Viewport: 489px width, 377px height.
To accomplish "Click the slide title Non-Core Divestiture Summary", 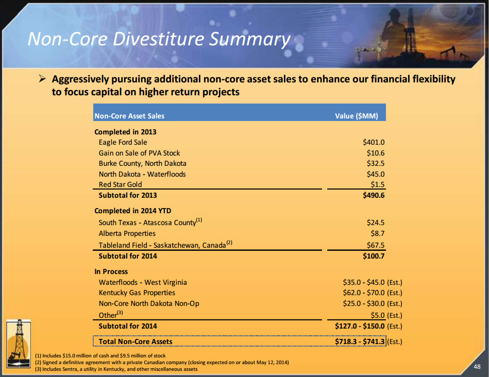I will point(159,39).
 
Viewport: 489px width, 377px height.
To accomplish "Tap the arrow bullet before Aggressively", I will point(43,79).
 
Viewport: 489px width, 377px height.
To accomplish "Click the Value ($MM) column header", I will point(356,116).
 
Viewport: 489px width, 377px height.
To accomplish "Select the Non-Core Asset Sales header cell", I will point(129,116).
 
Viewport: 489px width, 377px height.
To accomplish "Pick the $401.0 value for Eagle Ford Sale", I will point(374,142).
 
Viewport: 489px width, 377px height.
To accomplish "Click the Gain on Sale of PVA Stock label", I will point(139,153).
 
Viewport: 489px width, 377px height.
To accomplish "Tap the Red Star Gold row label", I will point(120,184).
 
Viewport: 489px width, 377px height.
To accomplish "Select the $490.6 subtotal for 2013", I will point(374,195).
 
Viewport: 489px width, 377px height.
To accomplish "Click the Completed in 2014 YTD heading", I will point(132,211).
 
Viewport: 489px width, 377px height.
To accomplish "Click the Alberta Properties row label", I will point(127,233).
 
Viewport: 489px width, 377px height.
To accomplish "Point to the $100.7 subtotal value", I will point(374,256).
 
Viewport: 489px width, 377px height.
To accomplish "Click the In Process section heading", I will point(111,271).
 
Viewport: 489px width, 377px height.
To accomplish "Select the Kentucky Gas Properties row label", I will point(137,293).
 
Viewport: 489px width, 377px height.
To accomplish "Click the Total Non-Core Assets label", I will point(136,341).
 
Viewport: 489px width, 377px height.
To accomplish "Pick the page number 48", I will point(477,366).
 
